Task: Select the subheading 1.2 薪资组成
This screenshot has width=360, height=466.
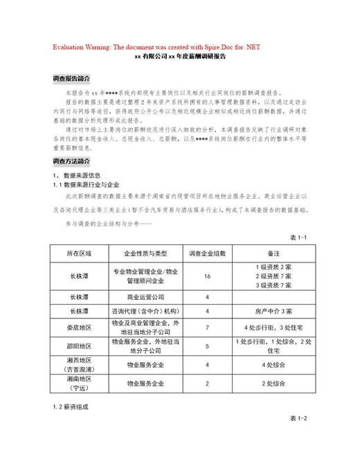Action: pyautogui.click(x=71, y=406)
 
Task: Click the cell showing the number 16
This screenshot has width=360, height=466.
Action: pyautogui.click(x=207, y=276)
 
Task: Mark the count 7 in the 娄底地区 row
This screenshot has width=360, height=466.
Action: pyautogui.click(x=207, y=327)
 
